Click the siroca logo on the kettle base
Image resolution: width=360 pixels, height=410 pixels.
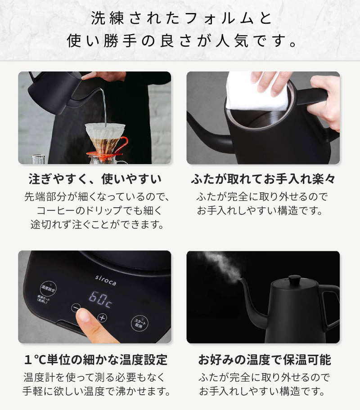click(106, 280)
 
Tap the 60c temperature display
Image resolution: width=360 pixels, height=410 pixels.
click(100, 299)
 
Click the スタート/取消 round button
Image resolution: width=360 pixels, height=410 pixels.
click(139, 323)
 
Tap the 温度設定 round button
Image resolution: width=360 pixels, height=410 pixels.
click(48, 289)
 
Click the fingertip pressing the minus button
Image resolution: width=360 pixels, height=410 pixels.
click(84, 315)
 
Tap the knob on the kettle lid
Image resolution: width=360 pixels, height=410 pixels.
click(295, 279)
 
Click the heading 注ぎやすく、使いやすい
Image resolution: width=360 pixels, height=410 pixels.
click(95, 179)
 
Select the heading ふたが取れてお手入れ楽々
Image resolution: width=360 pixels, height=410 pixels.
click(263, 179)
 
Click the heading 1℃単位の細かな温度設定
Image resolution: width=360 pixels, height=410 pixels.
click(95, 360)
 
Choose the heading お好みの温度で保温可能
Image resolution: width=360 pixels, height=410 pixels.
click(265, 360)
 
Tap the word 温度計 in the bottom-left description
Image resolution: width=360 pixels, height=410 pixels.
click(39, 377)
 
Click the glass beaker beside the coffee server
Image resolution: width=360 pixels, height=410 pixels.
click(38, 159)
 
